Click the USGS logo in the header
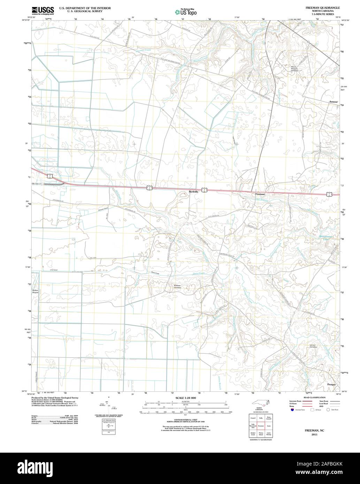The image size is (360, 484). click(x=43, y=10)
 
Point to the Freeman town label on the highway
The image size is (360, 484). click(x=260, y=194)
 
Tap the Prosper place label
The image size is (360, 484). click(x=331, y=384)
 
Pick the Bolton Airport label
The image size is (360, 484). click(x=35, y=291)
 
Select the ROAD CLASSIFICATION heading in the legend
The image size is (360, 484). click(x=314, y=398)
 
